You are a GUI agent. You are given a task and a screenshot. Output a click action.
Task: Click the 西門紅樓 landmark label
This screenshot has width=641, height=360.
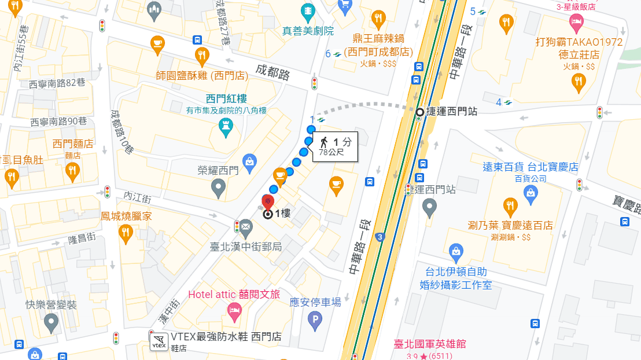coord(213,98)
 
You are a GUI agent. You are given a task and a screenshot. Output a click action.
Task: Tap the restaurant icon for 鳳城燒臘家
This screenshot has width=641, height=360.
coord(126,233)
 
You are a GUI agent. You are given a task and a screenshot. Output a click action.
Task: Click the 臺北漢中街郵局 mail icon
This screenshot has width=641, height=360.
coord(246,226)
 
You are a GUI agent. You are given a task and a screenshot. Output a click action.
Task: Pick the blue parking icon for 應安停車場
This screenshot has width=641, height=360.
coord(315,319)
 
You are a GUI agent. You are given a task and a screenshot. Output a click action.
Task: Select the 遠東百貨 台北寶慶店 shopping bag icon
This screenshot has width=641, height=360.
coord(530,195)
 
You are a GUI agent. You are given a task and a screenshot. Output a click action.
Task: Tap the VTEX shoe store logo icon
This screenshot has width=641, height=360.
coord(158,341)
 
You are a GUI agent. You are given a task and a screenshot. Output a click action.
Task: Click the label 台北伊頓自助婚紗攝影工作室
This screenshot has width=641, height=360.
coord(456,278)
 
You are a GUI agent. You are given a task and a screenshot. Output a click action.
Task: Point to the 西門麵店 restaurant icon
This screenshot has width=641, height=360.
coord(72,170)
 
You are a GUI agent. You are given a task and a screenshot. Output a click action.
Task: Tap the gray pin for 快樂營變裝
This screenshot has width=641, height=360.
coord(51,322)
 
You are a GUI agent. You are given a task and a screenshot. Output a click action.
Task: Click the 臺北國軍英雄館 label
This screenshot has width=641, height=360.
coord(429,344)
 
